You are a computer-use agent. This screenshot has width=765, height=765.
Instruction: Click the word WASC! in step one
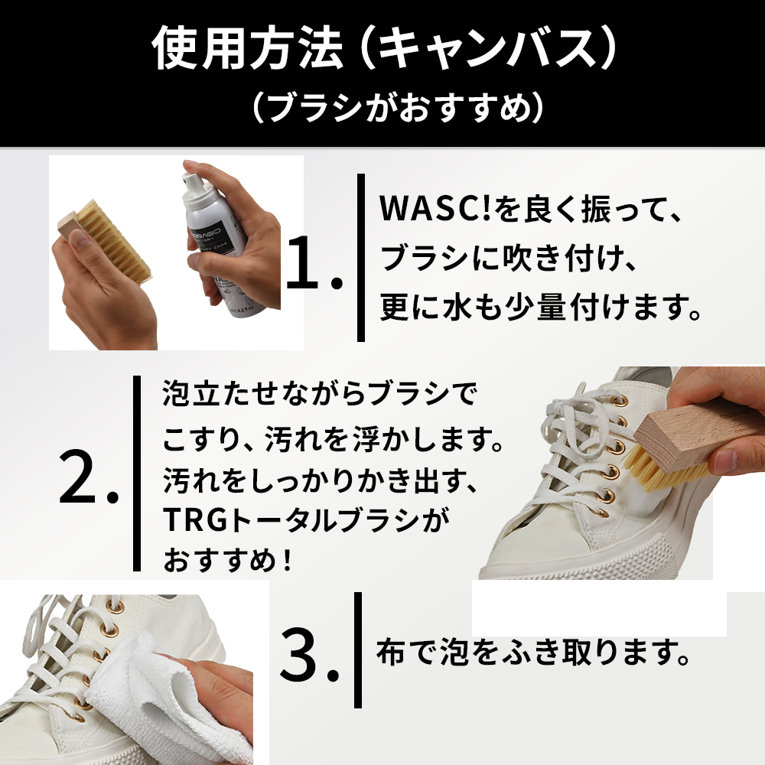tap(435, 209)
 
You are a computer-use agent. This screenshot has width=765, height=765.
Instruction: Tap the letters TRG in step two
tap(196, 519)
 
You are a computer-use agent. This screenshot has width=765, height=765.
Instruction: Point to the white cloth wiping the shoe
tap(161, 698)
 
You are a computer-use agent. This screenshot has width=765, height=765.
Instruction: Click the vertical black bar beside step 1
tap(360, 258)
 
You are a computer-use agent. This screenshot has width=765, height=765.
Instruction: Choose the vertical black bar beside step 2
tap(137, 474)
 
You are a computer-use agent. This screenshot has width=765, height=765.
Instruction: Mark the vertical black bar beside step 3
tap(358, 649)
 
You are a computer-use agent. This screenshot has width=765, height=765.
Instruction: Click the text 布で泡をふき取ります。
tap(533, 653)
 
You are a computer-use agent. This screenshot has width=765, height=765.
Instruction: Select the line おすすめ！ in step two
tap(228, 560)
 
